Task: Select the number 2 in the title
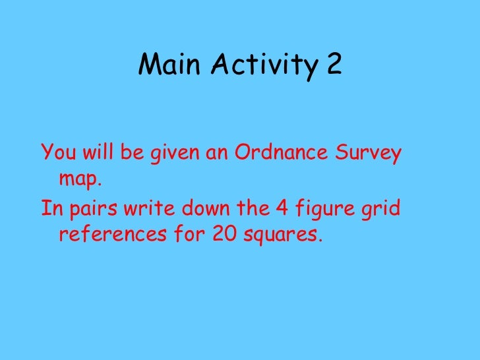[x=334, y=65]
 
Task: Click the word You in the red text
[x=55, y=154]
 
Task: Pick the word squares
[x=285, y=235]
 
